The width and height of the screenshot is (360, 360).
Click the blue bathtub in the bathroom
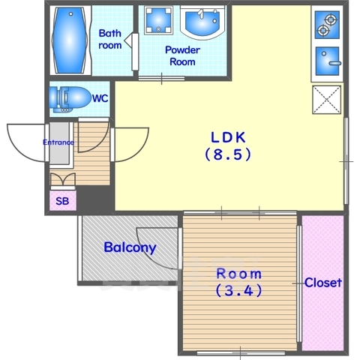70,40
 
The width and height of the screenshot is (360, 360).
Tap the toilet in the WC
69,100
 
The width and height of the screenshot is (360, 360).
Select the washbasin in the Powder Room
202,22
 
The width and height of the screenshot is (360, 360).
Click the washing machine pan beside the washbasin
159,19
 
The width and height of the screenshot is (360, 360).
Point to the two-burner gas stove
327,25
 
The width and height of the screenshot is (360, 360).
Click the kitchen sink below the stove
328,61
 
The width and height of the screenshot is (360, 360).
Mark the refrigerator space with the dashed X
326,100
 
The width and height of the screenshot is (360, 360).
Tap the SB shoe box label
62,201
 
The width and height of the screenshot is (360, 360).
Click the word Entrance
58,142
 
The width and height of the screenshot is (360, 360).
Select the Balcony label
130,247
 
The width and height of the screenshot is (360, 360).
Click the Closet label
323,283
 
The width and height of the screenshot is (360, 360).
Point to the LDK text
228,137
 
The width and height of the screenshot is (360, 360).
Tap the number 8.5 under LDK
228,154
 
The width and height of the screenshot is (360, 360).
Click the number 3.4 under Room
238,290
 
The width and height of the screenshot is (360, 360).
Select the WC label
100,98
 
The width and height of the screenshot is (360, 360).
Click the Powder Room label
182,55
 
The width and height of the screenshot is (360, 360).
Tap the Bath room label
110,39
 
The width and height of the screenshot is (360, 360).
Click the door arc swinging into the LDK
140,151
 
